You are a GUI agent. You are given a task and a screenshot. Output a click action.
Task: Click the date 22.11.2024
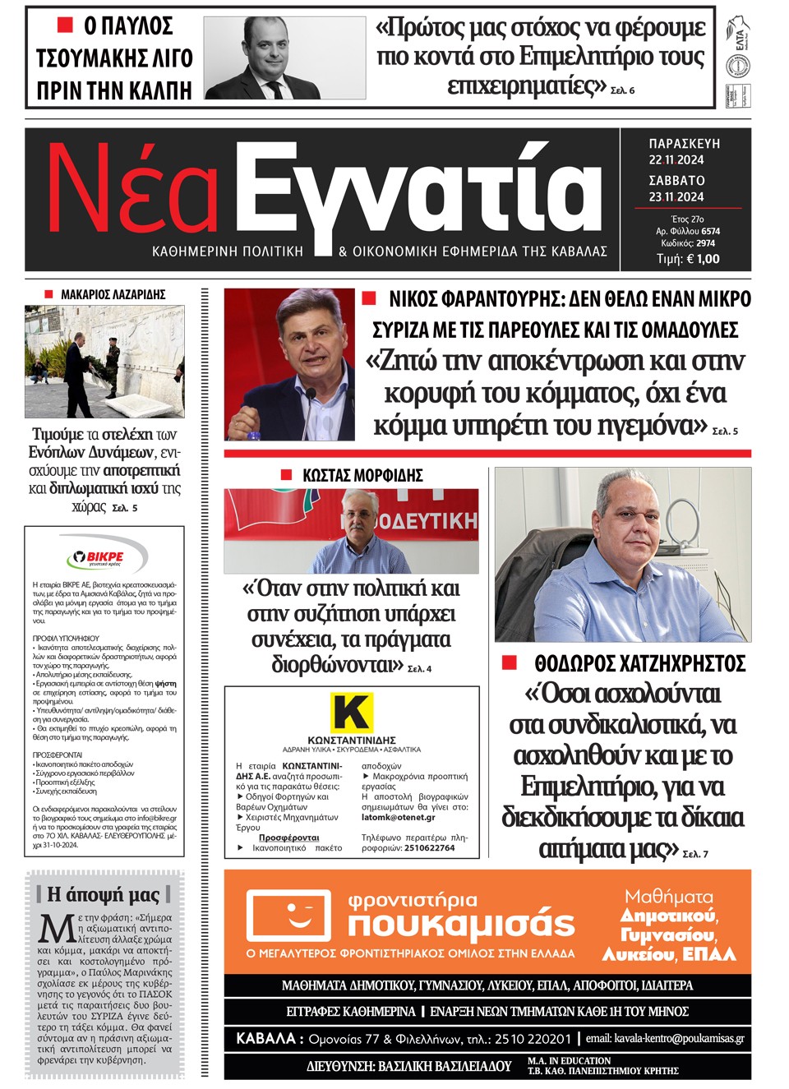(676, 160)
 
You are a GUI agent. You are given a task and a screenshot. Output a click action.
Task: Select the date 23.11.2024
(676, 197)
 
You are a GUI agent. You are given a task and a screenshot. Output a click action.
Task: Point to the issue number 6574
(710, 232)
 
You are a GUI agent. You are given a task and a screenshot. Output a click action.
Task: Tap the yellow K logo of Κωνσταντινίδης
(351, 712)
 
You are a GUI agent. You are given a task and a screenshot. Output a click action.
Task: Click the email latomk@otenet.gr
(399, 818)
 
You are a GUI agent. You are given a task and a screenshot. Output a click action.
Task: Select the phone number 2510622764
(429, 848)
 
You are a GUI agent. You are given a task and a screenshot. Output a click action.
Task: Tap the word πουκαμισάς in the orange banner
(460, 924)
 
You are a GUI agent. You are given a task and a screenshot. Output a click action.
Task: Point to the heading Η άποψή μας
(104, 894)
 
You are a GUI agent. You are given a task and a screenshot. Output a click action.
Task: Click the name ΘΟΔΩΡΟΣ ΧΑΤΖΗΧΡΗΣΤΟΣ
(639, 663)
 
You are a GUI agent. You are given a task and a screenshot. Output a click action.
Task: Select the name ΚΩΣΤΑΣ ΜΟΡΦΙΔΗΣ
(362, 475)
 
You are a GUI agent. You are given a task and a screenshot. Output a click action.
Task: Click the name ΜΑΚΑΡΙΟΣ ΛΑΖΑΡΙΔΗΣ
(113, 294)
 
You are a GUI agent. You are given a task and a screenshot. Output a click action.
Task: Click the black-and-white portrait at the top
(284, 58)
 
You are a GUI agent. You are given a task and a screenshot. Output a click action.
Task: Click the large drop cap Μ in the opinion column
(57, 929)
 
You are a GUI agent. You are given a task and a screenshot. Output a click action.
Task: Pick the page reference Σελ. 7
(695, 855)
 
